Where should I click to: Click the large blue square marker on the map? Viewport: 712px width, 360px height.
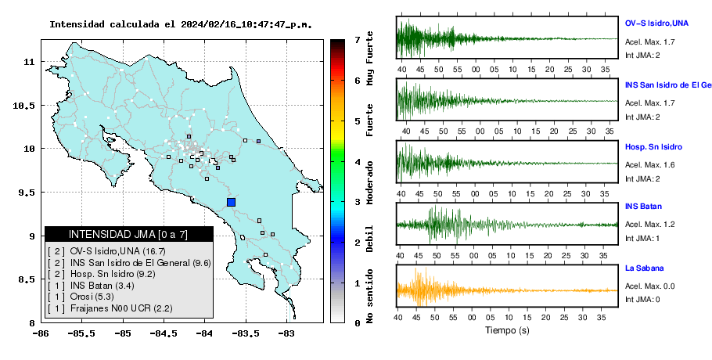[231, 202]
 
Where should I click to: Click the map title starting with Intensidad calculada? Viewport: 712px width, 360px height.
[181, 24]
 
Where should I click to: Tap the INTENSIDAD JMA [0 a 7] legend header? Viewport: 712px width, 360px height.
[128, 234]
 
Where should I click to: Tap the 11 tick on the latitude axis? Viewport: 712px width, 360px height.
[28, 61]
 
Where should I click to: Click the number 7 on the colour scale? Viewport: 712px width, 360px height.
[358, 40]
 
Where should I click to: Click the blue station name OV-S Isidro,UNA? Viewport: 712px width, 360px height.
[656, 23]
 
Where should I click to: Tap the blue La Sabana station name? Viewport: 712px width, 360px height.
[645, 268]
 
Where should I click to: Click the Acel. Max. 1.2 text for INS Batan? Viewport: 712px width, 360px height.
[649, 225]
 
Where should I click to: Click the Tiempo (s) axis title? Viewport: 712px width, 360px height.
[507, 330]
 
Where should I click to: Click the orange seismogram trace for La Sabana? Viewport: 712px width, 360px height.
[507, 290]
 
